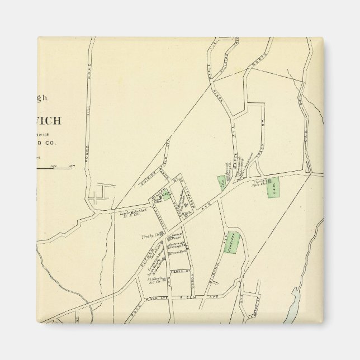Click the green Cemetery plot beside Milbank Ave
pos(234,243)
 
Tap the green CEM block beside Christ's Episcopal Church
pos(273,188)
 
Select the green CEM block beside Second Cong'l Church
pos(222,182)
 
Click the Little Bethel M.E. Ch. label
pos(128,215)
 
